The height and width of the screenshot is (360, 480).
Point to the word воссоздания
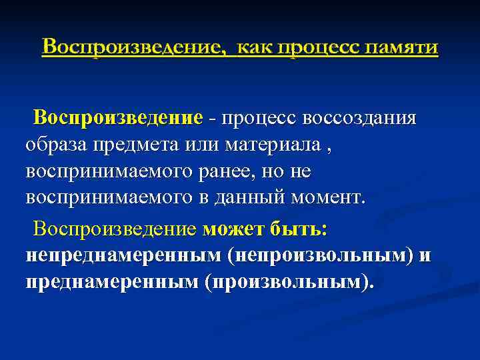[360, 118]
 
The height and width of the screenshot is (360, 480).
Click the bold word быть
[297, 229]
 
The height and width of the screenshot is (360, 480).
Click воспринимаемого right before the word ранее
[99, 171]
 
